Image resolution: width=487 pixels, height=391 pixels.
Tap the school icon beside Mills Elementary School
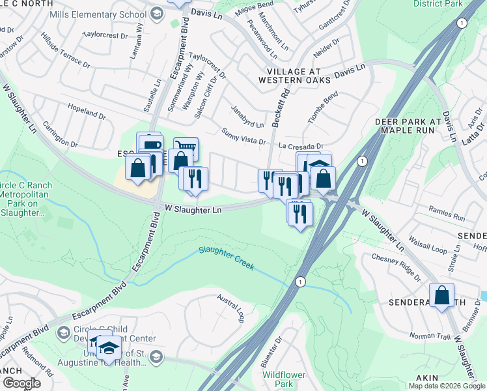pos(156,13)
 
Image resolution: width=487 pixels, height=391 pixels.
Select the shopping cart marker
pos(186,149)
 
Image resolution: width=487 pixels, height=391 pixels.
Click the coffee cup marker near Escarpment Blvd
pos(150,145)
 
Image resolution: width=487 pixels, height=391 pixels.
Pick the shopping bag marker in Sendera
pos(442,295)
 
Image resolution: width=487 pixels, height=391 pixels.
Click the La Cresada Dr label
pos(301,146)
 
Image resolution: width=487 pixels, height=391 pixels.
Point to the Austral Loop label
pos(231,307)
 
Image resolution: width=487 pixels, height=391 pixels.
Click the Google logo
pos(21,383)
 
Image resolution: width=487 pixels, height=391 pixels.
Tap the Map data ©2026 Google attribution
pos(446,386)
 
